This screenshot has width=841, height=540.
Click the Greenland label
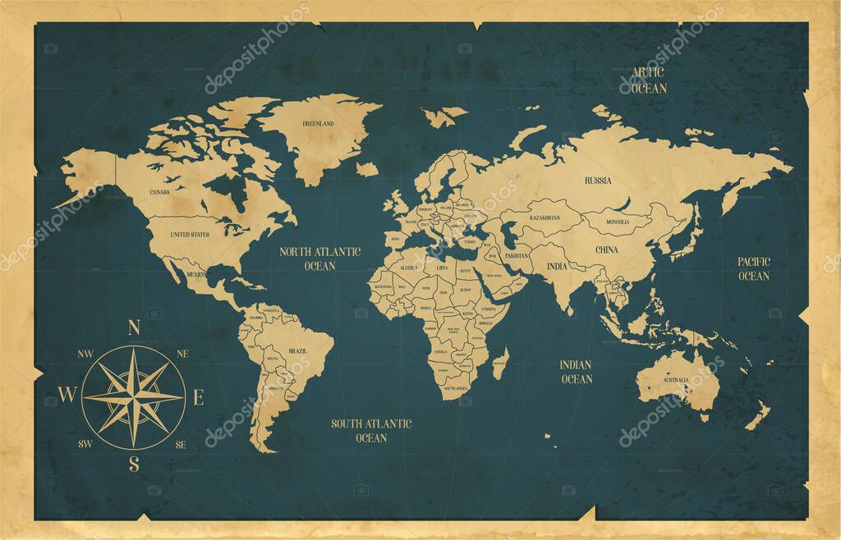tap(318, 123)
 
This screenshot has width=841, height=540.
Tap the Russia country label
tap(597, 180)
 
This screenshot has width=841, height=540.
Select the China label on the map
tap(607, 249)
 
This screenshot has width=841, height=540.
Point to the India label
tap(557, 266)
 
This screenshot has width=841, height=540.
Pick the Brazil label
tap(297, 350)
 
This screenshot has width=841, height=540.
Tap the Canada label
tap(159, 192)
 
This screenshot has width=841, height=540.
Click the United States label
tap(190, 234)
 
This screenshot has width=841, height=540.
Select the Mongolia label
tap(617, 222)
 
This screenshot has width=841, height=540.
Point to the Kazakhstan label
tap(545, 217)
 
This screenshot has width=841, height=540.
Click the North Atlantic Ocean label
tap(319, 259)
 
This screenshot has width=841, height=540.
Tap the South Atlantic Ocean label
tap(371, 431)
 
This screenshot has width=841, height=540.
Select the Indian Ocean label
tap(577, 372)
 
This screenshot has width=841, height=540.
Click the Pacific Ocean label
tap(753, 268)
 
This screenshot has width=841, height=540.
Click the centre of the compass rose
tap(134, 397)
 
